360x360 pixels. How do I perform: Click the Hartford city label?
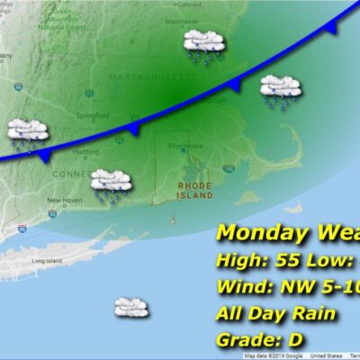tap(85, 152)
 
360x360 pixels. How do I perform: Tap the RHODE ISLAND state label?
tap(194, 190)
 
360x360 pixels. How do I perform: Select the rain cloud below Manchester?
tap(203, 45)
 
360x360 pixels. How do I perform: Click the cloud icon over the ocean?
tap(131, 308)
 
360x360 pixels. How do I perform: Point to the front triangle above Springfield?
tap(132, 130)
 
